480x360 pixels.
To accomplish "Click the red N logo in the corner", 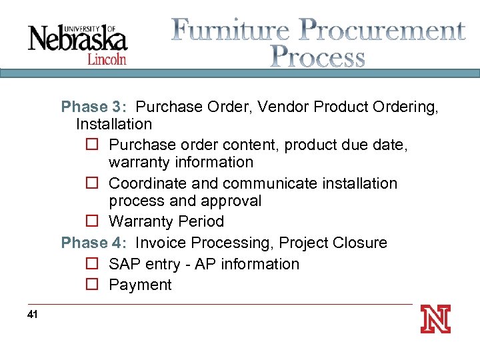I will (x=435, y=319).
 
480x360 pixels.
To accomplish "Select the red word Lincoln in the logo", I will (x=106, y=59).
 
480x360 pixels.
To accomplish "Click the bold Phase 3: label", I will (x=93, y=107).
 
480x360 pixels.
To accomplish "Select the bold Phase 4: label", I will (x=93, y=243).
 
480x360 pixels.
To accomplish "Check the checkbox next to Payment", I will (x=92, y=285).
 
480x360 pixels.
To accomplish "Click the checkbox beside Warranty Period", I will (x=92, y=221).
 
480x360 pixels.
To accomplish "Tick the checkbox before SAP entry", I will (x=92, y=265).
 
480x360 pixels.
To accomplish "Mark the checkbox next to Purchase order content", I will (x=92, y=145).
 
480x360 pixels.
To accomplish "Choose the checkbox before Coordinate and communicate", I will (x=92, y=184).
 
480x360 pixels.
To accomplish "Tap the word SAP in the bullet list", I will (x=125, y=264).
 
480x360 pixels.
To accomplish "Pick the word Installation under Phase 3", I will (x=114, y=124).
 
